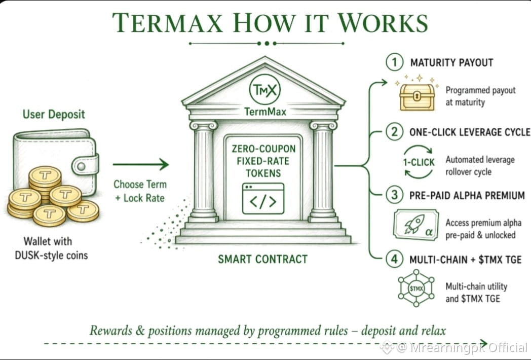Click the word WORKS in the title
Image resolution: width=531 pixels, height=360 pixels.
point(383,23)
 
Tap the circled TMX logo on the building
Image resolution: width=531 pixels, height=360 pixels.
point(265,90)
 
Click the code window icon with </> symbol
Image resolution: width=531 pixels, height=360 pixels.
point(263,199)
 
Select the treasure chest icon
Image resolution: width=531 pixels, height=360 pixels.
point(417,97)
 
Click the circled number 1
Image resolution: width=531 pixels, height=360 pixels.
point(395,62)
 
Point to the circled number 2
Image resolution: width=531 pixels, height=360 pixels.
point(395,131)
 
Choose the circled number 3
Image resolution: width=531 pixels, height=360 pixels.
point(395,195)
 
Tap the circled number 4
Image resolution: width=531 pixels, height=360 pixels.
point(395,259)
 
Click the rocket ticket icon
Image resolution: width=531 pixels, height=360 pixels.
point(416,225)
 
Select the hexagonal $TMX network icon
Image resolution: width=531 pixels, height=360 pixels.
point(416,289)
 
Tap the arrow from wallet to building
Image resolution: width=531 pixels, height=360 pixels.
point(141,164)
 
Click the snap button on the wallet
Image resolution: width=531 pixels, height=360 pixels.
point(81,166)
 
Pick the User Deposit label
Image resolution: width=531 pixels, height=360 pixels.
point(54,115)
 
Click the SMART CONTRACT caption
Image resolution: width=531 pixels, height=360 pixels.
point(263,259)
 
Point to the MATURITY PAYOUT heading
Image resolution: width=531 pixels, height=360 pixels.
point(452,63)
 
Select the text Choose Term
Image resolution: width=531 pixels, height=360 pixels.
point(140,185)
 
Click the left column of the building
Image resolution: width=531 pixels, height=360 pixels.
point(204,172)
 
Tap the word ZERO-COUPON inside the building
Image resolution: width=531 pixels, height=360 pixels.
point(263,149)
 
